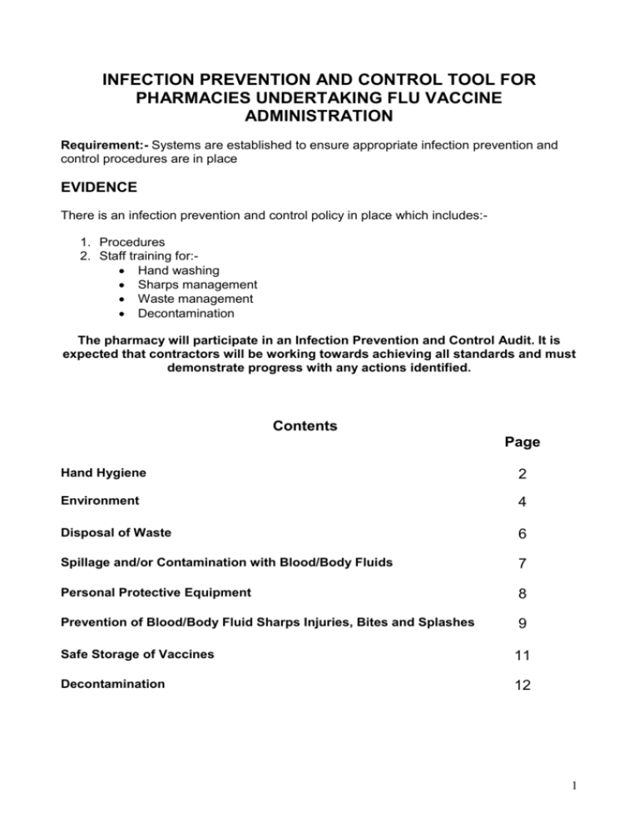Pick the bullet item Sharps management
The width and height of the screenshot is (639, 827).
(x=198, y=285)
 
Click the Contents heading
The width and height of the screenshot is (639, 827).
(x=305, y=426)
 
